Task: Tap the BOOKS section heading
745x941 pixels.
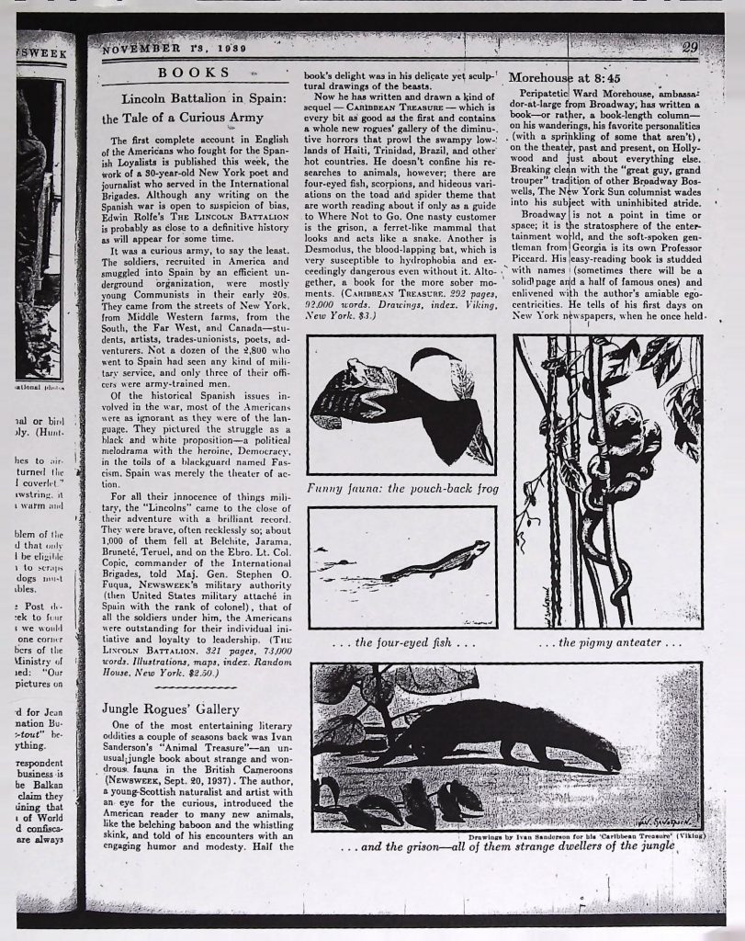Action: click(x=194, y=73)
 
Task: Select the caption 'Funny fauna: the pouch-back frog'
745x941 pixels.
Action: click(x=401, y=489)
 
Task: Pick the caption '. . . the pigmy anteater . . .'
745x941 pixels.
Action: click(x=610, y=641)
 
